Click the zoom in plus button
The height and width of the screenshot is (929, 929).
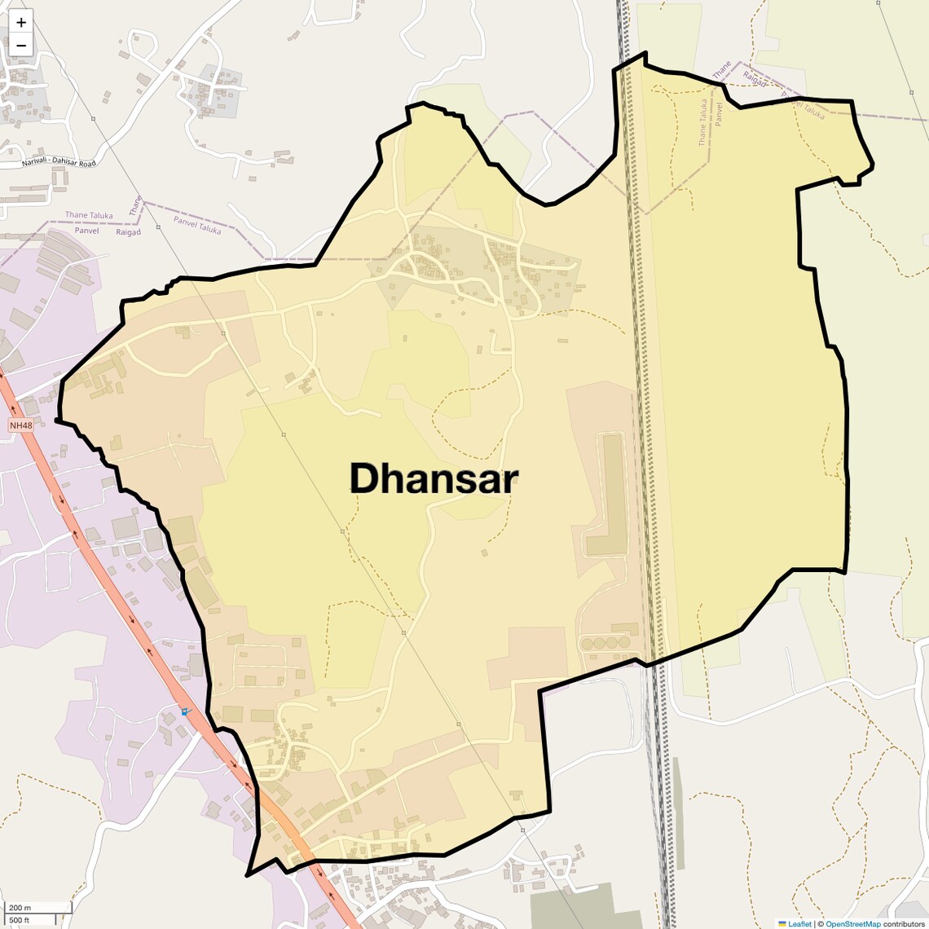point(21,22)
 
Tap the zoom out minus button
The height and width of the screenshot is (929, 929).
point(21,45)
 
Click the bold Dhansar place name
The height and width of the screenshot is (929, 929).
point(434,478)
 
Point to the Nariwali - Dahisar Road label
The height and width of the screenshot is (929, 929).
point(59,163)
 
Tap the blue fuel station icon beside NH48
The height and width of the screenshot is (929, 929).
point(185,711)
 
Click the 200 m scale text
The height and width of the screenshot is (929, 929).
point(20,908)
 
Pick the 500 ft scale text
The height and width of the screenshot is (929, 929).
point(20,920)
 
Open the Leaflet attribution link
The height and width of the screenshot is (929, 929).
point(799,923)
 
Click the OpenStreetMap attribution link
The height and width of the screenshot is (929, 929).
point(852,923)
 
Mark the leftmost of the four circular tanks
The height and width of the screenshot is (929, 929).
point(587,644)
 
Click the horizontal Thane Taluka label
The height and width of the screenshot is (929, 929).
point(89,215)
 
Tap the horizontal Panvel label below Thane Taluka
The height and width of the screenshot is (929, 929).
point(86,231)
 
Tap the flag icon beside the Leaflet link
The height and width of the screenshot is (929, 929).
point(782,923)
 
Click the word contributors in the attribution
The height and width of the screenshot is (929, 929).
point(905,923)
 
